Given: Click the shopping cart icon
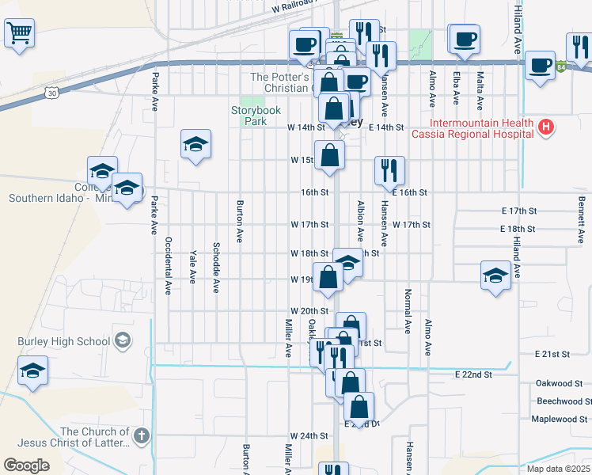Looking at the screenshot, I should tap(19, 33).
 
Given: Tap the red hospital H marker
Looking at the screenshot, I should tap(545, 127).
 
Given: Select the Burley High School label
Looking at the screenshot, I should tap(64, 342).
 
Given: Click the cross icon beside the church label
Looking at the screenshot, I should tap(140, 435).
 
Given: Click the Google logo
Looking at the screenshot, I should tap(26, 465).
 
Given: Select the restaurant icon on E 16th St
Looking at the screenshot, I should tap(389, 169).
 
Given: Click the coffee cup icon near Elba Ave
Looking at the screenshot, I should tap(465, 38).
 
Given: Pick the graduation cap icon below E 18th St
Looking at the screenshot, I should tap(495, 275).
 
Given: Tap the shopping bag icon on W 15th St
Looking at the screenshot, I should tap(329, 156).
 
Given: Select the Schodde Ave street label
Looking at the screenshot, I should tap(215, 268).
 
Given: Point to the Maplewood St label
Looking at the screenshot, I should tap(559, 419).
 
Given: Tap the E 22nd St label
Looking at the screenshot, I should tap(474, 374).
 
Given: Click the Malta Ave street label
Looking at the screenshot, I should tap(480, 87).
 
